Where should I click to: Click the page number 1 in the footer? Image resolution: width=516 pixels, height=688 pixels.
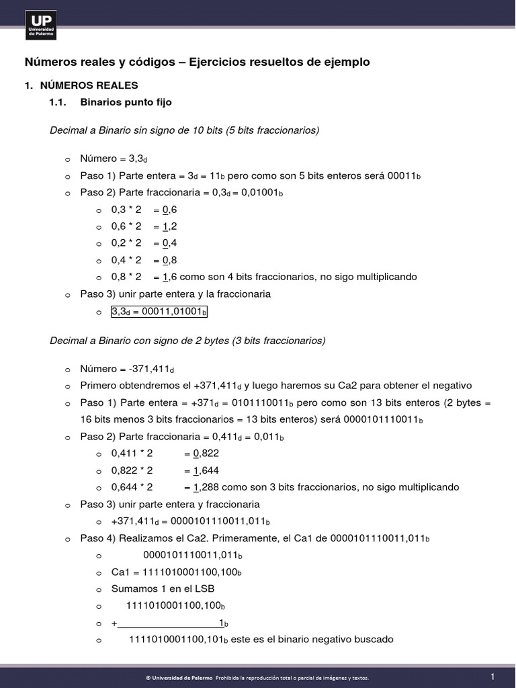[492, 676]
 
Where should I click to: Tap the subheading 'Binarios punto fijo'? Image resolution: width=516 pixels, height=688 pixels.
[126, 103]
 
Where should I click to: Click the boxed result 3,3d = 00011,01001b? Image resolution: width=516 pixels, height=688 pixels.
[160, 312]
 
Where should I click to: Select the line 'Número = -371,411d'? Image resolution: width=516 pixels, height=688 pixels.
[127, 369]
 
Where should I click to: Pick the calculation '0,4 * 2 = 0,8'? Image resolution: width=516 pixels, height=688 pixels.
[144, 260]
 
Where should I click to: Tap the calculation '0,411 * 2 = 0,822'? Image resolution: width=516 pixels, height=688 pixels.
[165, 454]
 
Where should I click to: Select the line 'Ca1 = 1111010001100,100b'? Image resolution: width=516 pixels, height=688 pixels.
[176, 572]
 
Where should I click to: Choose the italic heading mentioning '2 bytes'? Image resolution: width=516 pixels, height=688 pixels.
[187, 341]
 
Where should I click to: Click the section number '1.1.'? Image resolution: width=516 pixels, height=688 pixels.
[58, 103]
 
